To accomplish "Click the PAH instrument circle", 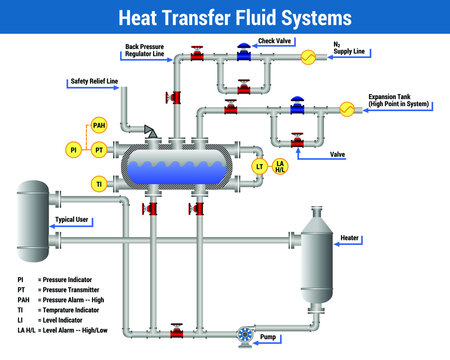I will pos(98,126).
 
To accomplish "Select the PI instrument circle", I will pos(73,150).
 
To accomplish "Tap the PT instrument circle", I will pos(98,150).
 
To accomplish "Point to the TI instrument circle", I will pos(98,183).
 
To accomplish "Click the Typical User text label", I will pos(72,218).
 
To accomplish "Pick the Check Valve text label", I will pos(273,42).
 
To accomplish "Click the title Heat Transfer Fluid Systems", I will pos(225,17).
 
